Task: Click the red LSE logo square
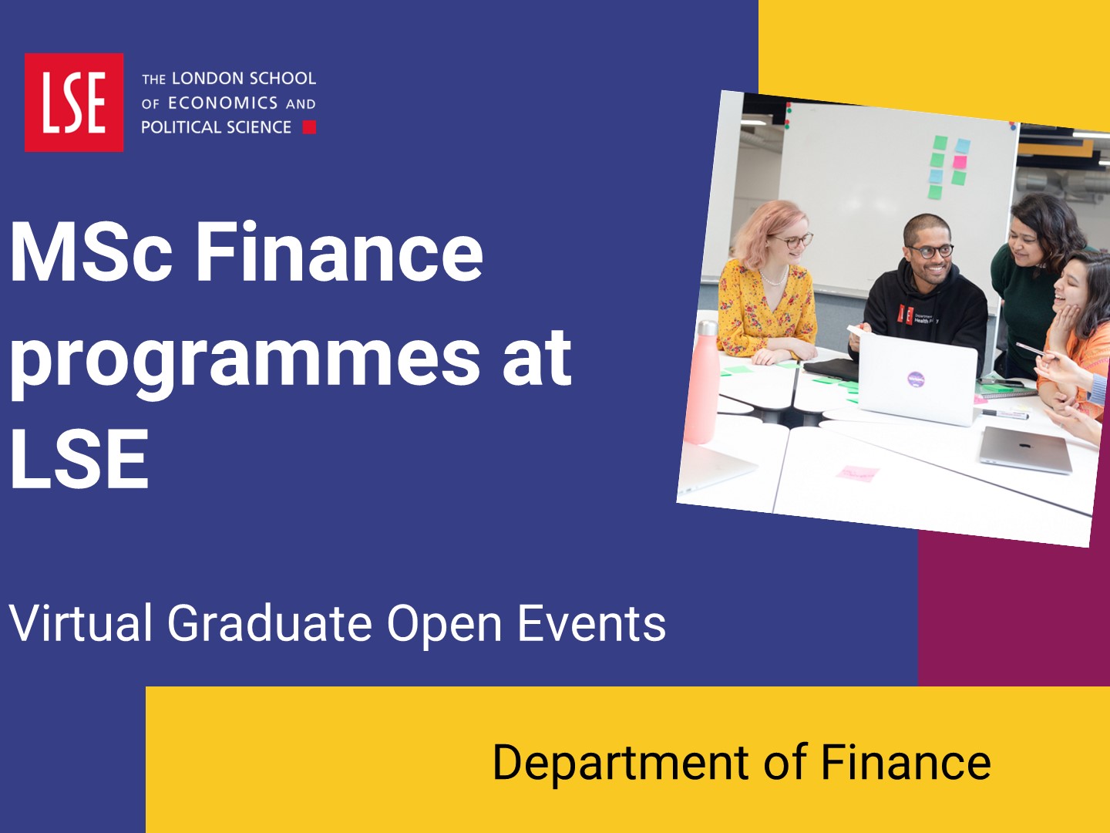click(74, 102)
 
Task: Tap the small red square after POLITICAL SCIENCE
click(309, 127)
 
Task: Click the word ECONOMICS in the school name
click(223, 103)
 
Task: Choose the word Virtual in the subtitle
click(80, 623)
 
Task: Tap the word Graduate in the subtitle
click(270, 623)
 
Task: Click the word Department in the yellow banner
click(621, 763)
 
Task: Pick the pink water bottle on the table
click(702, 383)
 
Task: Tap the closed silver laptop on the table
click(1025, 450)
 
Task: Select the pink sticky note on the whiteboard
click(960, 162)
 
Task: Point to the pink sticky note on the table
click(858, 473)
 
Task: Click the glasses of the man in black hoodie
click(930, 251)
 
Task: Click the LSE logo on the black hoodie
click(905, 315)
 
